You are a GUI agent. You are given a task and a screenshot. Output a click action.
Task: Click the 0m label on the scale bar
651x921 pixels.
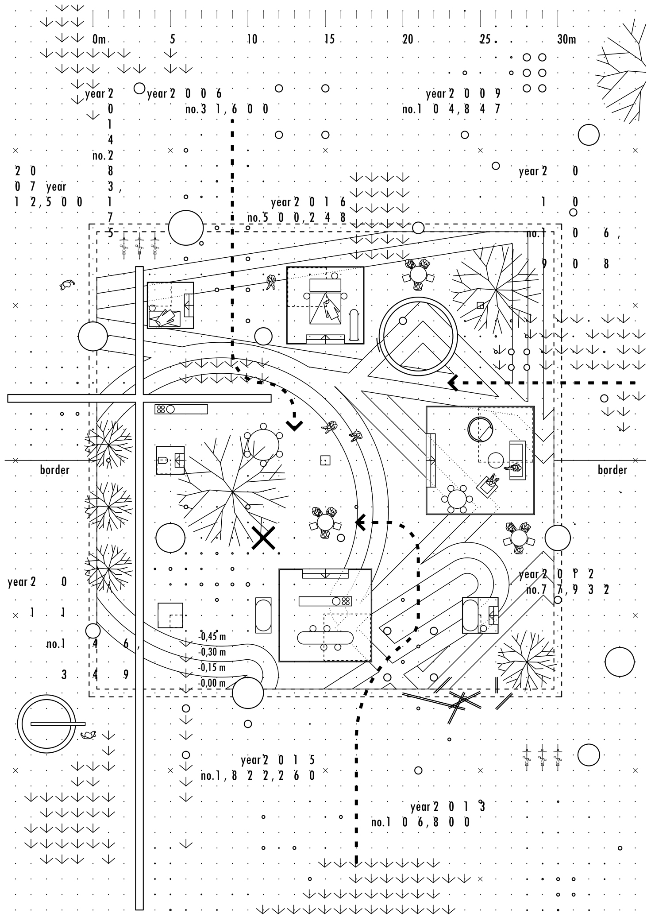(99, 39)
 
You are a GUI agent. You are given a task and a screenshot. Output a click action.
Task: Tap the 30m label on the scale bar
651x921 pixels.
(566, 39)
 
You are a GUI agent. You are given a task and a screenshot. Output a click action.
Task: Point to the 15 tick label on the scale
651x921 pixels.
(329, 39)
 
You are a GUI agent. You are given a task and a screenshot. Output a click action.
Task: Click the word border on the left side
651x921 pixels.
(55, 470)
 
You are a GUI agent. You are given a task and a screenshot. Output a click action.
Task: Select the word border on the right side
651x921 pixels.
(612, 470)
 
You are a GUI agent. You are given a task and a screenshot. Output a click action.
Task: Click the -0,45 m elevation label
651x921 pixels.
(212, 637)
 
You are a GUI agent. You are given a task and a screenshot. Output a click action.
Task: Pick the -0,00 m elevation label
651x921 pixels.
(212, 683)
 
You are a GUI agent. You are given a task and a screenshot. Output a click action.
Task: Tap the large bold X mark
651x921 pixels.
(264, 538)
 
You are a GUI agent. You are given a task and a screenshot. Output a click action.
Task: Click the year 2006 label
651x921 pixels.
(184, 94)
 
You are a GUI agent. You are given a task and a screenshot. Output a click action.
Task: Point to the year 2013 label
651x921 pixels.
(447, 806)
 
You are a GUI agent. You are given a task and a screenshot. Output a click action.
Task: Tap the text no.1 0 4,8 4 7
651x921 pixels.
(451, 109)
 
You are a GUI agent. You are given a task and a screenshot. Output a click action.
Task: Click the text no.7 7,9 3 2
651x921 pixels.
(568, 590)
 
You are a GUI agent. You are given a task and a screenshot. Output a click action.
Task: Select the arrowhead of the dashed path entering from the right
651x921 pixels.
(452, 383)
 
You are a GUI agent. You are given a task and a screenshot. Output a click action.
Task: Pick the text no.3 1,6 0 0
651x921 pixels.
(227, 109)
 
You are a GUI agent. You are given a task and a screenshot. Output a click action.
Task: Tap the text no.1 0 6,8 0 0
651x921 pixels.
(420, 822)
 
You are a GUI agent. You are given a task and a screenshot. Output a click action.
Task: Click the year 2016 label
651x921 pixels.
(308, 202)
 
